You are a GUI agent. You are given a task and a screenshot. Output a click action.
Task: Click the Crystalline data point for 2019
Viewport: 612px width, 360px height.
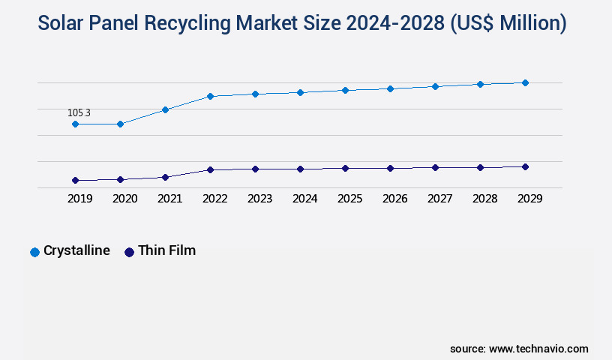pyautogui.click(x=75, y=124)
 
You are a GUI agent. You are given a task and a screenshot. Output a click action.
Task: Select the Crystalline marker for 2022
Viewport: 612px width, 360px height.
pyautogui.click(x=210, y=96)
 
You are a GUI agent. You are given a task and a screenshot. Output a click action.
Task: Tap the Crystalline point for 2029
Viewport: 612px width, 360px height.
pyautogui.click(x=525, y=82)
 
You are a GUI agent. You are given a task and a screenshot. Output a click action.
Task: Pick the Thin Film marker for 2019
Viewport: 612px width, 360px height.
pyautogui.click(x=75, y=181)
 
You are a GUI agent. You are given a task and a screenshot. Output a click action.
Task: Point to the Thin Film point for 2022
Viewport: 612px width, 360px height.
pyautogui.click(x=210, y=169)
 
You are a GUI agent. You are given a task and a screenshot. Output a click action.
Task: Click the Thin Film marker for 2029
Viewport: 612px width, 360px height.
pyautogui.click(x=525, y=166)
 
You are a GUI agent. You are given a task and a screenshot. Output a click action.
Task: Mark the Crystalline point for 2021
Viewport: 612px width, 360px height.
pyautogui.click(x=165, y=109)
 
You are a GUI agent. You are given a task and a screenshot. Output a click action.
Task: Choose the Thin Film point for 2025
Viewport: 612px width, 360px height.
pyautogui.click(x=345, y=168)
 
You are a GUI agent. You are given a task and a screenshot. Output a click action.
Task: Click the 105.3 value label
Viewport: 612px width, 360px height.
pyautogui.click(x=79, y=113)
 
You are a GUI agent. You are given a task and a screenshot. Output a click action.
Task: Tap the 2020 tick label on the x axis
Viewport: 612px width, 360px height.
pyautogui.click(x=124, y=199)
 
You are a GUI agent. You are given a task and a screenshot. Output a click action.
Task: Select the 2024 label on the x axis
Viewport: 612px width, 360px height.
pyautogui.click(x=304, y=199)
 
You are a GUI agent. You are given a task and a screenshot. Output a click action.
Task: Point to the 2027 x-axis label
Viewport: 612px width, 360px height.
pyautogui.click(x=439, y=199)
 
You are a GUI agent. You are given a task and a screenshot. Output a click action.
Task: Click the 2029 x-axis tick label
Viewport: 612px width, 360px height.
pyautogui.click(x=529, y=199)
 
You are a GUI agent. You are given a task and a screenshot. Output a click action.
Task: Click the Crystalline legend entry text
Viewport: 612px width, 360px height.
pyautogui.click(x=76, y=250)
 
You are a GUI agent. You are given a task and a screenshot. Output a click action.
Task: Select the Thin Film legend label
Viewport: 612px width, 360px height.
pyautogui.click(x=166, y=250)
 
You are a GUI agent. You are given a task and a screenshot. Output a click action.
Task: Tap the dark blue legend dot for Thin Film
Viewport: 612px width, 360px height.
pyautogui.click(x=129, y=252)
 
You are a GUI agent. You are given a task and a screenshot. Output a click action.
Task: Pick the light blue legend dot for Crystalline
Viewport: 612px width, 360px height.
pyautogui.click(x=34, y=252)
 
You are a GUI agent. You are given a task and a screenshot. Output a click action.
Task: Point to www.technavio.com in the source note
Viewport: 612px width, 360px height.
pyautogui.click(x=538, y=349)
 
